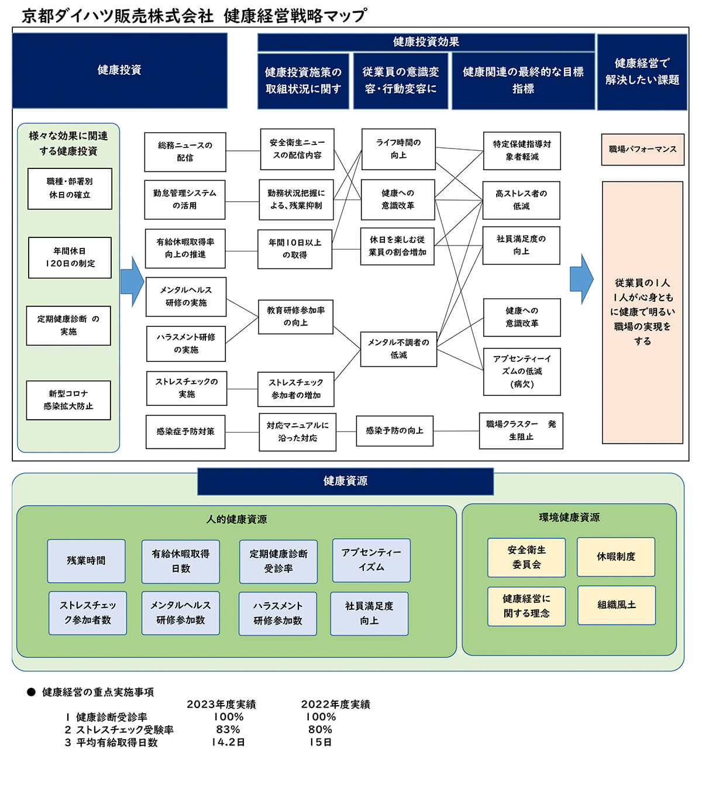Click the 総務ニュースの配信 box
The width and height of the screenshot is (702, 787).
[185, 151]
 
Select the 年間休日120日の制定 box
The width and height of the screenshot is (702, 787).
[70, 257]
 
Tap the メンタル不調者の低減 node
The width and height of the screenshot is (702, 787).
[398, 348]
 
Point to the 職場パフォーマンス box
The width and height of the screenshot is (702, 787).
[642, 150]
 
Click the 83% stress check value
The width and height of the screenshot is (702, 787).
[228, 730]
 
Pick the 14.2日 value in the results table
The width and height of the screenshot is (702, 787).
[228, 743]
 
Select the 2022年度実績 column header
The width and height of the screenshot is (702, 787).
[335, 705]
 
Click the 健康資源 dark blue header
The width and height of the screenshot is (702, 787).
[345, 481]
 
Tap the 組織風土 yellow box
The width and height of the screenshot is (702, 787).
[616, 605]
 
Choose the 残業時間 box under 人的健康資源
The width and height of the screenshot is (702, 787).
[86, 561]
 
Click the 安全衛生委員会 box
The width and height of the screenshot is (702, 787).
[526, 557]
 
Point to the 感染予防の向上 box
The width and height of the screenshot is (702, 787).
[394, 431]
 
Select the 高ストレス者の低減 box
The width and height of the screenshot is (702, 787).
[521, 200]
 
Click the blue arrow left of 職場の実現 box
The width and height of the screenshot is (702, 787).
[581, 279]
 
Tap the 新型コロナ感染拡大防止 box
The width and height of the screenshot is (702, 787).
[68, 400]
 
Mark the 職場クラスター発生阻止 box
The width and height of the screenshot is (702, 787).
[521, 430]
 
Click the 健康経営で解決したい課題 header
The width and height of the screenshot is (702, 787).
[642, 71]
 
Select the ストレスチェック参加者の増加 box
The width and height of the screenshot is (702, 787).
[296, 389]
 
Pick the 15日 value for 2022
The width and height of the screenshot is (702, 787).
[321, 743]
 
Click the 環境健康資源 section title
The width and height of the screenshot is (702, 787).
[569, 517]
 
